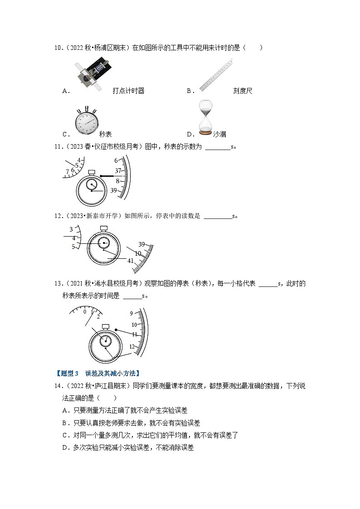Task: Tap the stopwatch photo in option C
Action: pos(85,122)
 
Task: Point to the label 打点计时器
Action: pos(128,91)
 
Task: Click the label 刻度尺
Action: pos(243,91)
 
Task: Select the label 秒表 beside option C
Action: pos(105,134)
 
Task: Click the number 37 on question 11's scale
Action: pos(117,170)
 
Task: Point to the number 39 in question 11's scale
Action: pos(114,190)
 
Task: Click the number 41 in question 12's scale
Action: pos(131,261)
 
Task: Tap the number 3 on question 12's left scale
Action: pos(71,229)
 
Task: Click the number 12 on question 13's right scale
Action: pos(133,346)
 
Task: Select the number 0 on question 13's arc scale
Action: pos(84,311)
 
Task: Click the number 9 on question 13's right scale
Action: pos(131,313)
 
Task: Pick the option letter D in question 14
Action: pos(66,447)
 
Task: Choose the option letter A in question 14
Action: pos(66,410)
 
